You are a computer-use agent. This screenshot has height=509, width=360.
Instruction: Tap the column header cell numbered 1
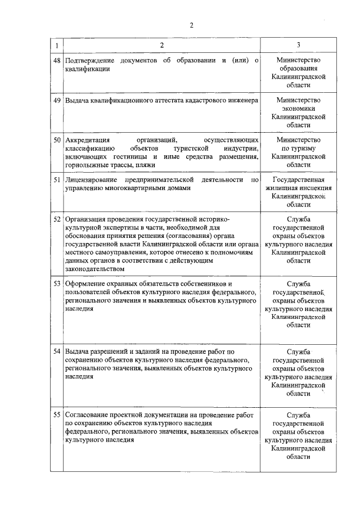pos(56,44)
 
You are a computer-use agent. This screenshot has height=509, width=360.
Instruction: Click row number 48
pos(56,60)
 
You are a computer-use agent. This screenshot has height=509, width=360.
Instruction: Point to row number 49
pos(56,100)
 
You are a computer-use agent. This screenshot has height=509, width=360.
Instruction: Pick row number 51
pos(56,179)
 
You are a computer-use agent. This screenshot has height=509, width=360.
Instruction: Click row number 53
pos(56,283)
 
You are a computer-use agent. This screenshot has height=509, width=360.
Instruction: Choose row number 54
pos(56,351)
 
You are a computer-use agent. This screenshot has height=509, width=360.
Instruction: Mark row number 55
pos(56,415)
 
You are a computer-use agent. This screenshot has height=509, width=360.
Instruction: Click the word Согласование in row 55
pos(89,415)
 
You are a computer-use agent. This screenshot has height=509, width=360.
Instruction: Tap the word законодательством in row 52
pos(94,269)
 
